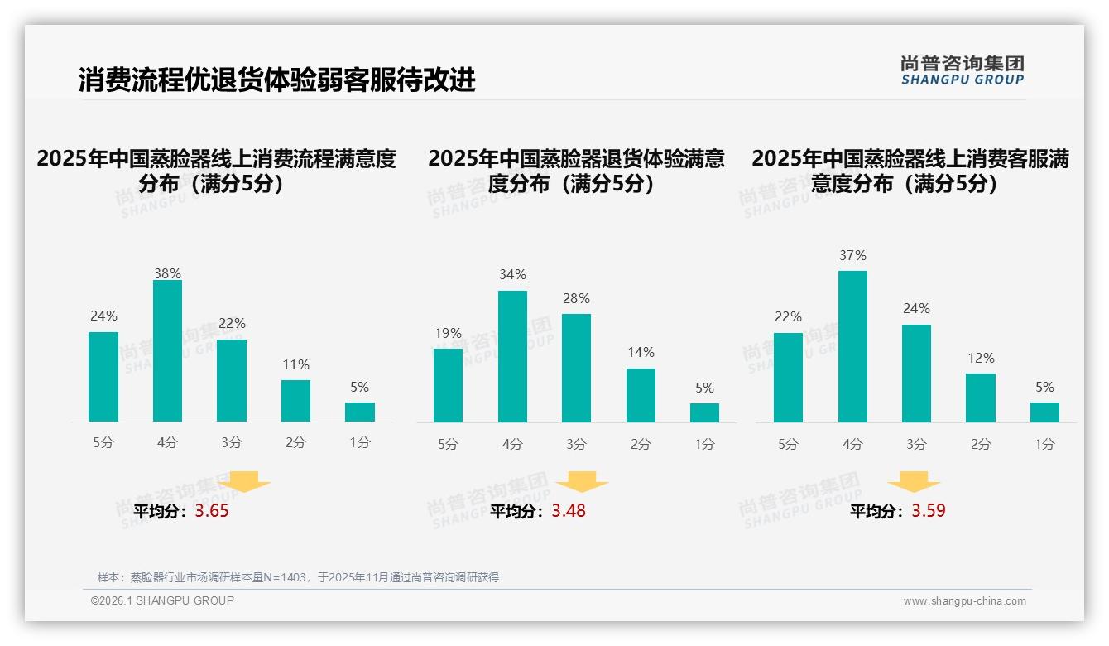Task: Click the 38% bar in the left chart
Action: pyautogui.click(x=167, y=351)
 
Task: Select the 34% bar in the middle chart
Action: pyautogui.click(x=512, y=357)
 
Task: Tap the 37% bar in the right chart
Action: pyautogui.click(x=852, y=347)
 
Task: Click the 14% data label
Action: pyautogui.click(x=641, y=353)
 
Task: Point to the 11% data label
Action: pyautogui.click(x=295, y=365)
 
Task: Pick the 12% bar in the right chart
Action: pyautogui.click(x=980, y=398)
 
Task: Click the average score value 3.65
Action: pyautogui.click(x=212, y=511)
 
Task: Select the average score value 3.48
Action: pyautogui.click(x=569, y=511)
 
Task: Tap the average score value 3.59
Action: pyautogui.click(x=929, y=511)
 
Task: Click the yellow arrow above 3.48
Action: pyautogui.click(x=582, y=482)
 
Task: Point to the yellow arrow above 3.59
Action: pyautogui.click(x=914, y=482)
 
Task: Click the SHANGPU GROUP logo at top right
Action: pyautogui.click(x=962, y=70)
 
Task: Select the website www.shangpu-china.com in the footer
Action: pyautogui.click(x=964, y=601)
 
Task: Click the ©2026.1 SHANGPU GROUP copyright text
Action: pyautogui.click(x=162, y=600)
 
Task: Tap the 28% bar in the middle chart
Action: pyautogui.click(x=576, y=369)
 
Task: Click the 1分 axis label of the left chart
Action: pyautogui.click(x=359, y=443)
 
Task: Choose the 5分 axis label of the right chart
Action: pyautogui.click(x=788, y=445)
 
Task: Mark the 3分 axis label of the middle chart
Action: pyautogui.click(x=576, y=445)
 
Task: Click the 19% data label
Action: pyautogui.click(x=448, y=334)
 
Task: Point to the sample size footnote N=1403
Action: pyautogui.click(x=298, y=577)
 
